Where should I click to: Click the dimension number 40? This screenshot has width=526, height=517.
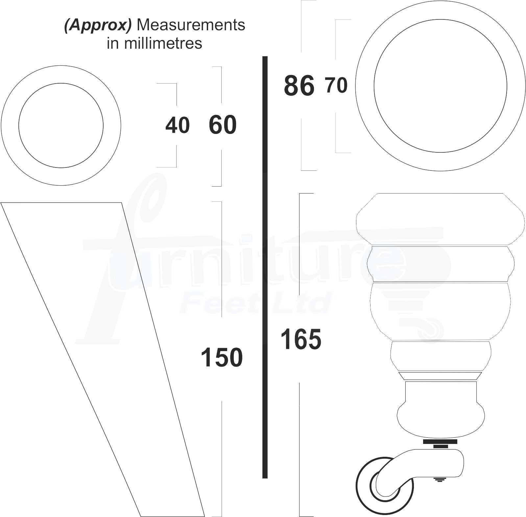tap(178, 125)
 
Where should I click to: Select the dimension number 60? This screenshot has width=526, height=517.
tap(223, 125)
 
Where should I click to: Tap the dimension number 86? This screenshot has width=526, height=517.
tap(299, 86)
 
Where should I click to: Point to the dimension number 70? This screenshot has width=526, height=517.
tap(337, 85)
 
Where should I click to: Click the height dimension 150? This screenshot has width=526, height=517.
tap(222, 358)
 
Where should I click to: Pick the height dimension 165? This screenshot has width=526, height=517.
tap(301, 339)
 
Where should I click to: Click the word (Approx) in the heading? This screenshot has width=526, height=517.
tap(98, 25)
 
